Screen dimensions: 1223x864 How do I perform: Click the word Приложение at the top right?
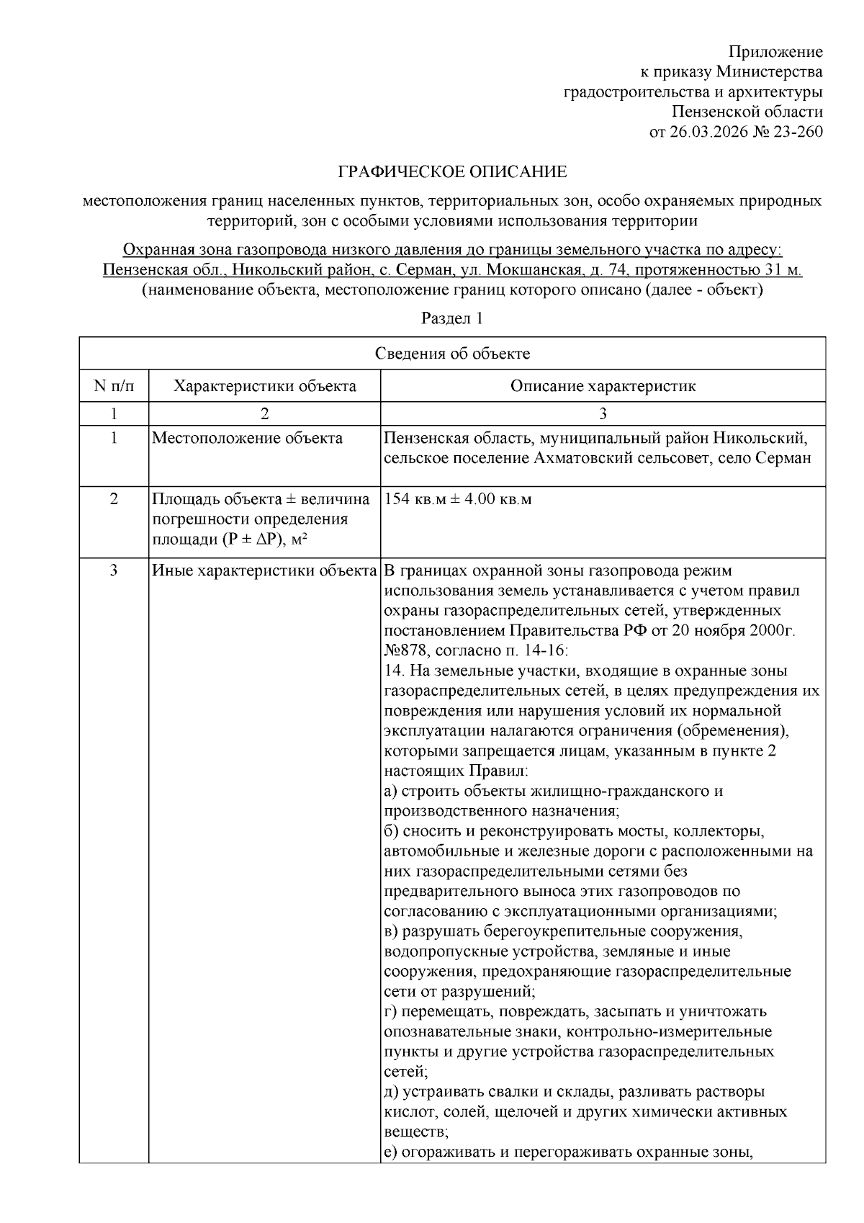coord(775,52)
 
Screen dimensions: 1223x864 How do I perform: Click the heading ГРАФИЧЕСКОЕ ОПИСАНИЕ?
coord(453,172)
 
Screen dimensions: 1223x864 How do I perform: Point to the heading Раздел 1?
coord(451,318)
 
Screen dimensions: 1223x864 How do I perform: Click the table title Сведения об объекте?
coord(452,353)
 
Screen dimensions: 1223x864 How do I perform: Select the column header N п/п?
coord(114,386)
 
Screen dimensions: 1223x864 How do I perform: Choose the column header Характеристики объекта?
coord(264,386)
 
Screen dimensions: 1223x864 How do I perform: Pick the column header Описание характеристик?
coord(603,386)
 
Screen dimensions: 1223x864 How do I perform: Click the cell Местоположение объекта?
coord(247,438)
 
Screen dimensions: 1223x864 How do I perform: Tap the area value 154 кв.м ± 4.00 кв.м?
coord(458,499)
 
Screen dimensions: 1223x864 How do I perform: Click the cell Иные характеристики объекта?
coord(264,571)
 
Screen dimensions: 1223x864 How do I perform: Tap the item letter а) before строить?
coord(391,791)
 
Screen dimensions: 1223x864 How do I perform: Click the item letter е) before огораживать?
coord(391,1152)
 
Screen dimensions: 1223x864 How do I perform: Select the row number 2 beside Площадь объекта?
coord(114,499)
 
